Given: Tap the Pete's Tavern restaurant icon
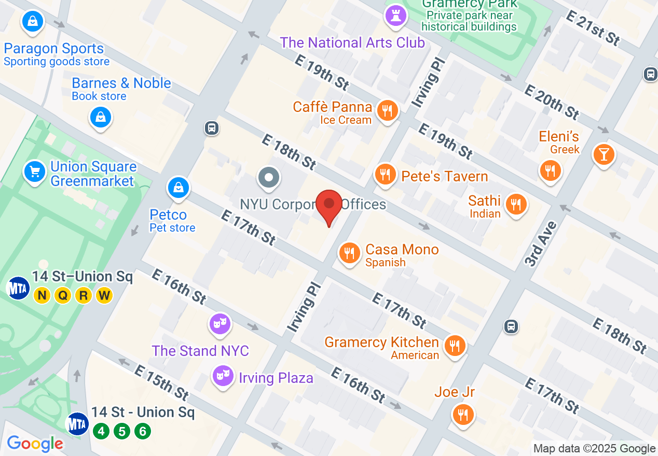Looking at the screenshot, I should point(385,175).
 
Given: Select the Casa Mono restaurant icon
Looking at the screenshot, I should point(350,253).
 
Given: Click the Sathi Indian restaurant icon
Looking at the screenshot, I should point(516,204).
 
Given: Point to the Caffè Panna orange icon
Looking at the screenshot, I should point(387,110).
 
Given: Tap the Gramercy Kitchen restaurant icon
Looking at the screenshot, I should point(455,345).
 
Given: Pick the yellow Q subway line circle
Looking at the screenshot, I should point(63,295).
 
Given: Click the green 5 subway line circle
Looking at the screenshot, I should point(122,431).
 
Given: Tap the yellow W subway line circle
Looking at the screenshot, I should point(104,295).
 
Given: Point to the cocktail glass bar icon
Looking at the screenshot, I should point(604,154).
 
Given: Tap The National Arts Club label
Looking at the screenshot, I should point(352,42).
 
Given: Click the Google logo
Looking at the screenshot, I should point(35,444).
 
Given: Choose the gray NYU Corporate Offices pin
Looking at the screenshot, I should point(269,178).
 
